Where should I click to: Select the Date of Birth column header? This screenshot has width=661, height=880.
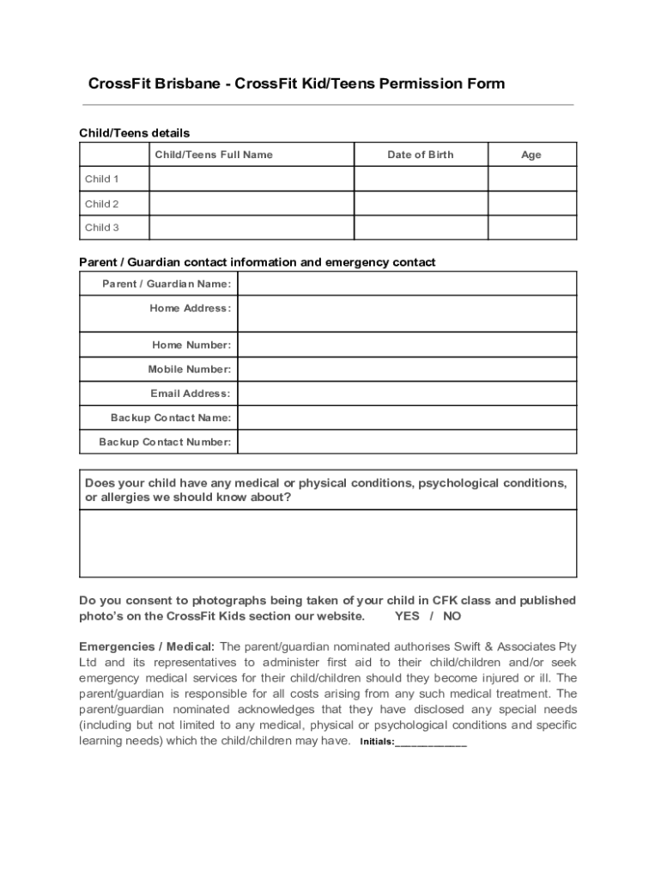[x=420, y=155]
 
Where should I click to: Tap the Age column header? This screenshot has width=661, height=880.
[x=531, y=155]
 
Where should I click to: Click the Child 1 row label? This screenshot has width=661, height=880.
[x=102, y=179]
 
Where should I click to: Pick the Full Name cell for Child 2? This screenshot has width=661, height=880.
[x=252, y=204]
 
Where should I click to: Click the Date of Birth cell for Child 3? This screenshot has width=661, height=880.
[x=421, y=228]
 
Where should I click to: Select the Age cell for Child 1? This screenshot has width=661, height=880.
[x=532, y=179]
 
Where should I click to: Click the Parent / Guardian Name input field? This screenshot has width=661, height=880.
[x=407, y=284]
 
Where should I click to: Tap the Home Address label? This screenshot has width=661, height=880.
[x=190, y=308]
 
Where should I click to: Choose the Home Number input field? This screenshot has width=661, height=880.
[x=407, y=345]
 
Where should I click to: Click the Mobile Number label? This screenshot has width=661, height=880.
[x=189, y=369]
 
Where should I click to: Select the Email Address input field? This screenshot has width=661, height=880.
[x=407, y=394]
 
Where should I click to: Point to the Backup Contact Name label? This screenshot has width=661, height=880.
[x=170, y=418]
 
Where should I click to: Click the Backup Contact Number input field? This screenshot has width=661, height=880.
[x=407, y=442]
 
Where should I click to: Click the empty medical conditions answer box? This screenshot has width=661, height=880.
[x=328, y=543]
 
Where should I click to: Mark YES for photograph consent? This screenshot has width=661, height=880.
[x=407, y=616]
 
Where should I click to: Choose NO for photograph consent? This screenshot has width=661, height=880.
[x=452, y=616]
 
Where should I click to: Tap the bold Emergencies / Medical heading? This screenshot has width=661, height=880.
[x=147, y=646]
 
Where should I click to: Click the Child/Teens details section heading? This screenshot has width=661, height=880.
[x=135, y=132]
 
